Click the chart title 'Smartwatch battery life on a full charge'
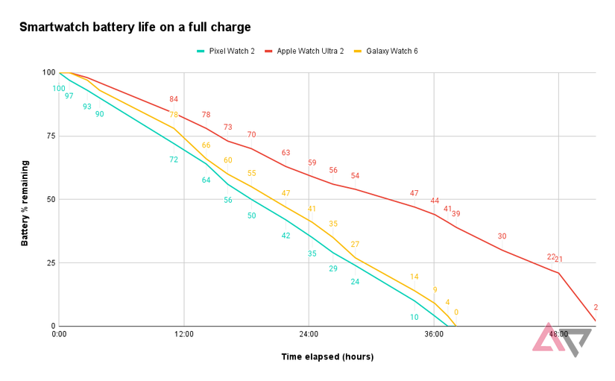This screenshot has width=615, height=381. [x=135, y=28]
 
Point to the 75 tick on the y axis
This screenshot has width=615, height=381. [x=49, y=136]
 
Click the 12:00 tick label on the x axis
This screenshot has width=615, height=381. [x=184, y=335]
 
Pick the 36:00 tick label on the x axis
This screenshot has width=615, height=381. [x=434, y=335]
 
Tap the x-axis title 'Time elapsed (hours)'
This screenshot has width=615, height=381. [x=327, y=357]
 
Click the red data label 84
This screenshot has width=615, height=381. [x=174, y=99]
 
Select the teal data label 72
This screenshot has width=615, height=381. [x=174, y=160]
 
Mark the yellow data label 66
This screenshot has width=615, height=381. [x=206, y=145]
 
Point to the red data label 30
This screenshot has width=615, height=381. [x=502, y=236]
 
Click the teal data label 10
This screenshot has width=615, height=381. [x=414, y=317]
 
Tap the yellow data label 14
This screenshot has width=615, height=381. [x=414, y=277]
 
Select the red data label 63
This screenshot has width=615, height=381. [x=286, y=153]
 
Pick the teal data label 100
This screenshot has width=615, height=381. [x=59, y=89]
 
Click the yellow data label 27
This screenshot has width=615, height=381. [x=355, y=245]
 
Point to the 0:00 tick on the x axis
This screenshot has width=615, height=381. [x=60, y=335]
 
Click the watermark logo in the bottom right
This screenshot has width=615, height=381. [x=561, y=339]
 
